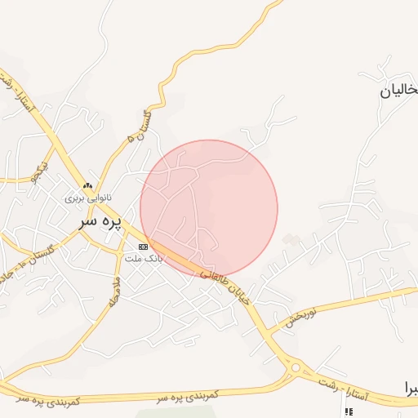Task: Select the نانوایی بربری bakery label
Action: coord(87,198)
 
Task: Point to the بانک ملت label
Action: coord(144,258)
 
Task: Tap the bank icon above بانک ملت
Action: coord(144,247)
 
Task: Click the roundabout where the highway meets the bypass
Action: coord(295,367)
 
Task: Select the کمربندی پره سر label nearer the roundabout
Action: coord(189,394)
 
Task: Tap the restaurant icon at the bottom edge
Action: coord(350,412)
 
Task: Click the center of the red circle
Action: coord(209,208)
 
